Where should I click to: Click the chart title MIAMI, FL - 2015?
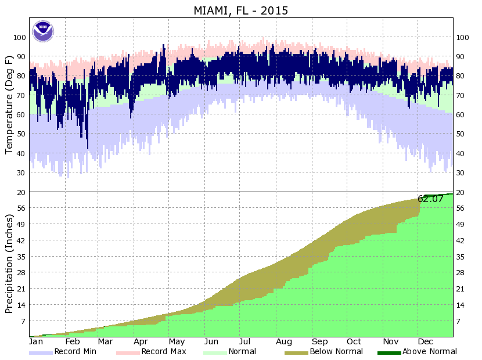coord(240,10)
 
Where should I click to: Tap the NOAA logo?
coord(42,31)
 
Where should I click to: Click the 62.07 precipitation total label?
coord(431,199)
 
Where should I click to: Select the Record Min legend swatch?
coord(41,352)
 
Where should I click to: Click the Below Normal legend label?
coord(336,351)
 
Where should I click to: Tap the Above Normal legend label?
coord(430,351)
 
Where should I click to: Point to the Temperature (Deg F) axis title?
coord(9,105)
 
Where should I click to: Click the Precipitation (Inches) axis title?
coord(9,264)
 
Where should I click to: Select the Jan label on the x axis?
coord(36,342)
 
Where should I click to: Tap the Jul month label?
coord(244,342)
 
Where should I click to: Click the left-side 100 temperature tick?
coord(19,37)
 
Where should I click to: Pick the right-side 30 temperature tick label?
coord(462,172)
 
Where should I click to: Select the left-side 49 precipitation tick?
coord(21,224)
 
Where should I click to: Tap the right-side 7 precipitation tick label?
coord(460,321)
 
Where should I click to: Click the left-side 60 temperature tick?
coord(21,114)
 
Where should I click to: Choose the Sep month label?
coord(319,342)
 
